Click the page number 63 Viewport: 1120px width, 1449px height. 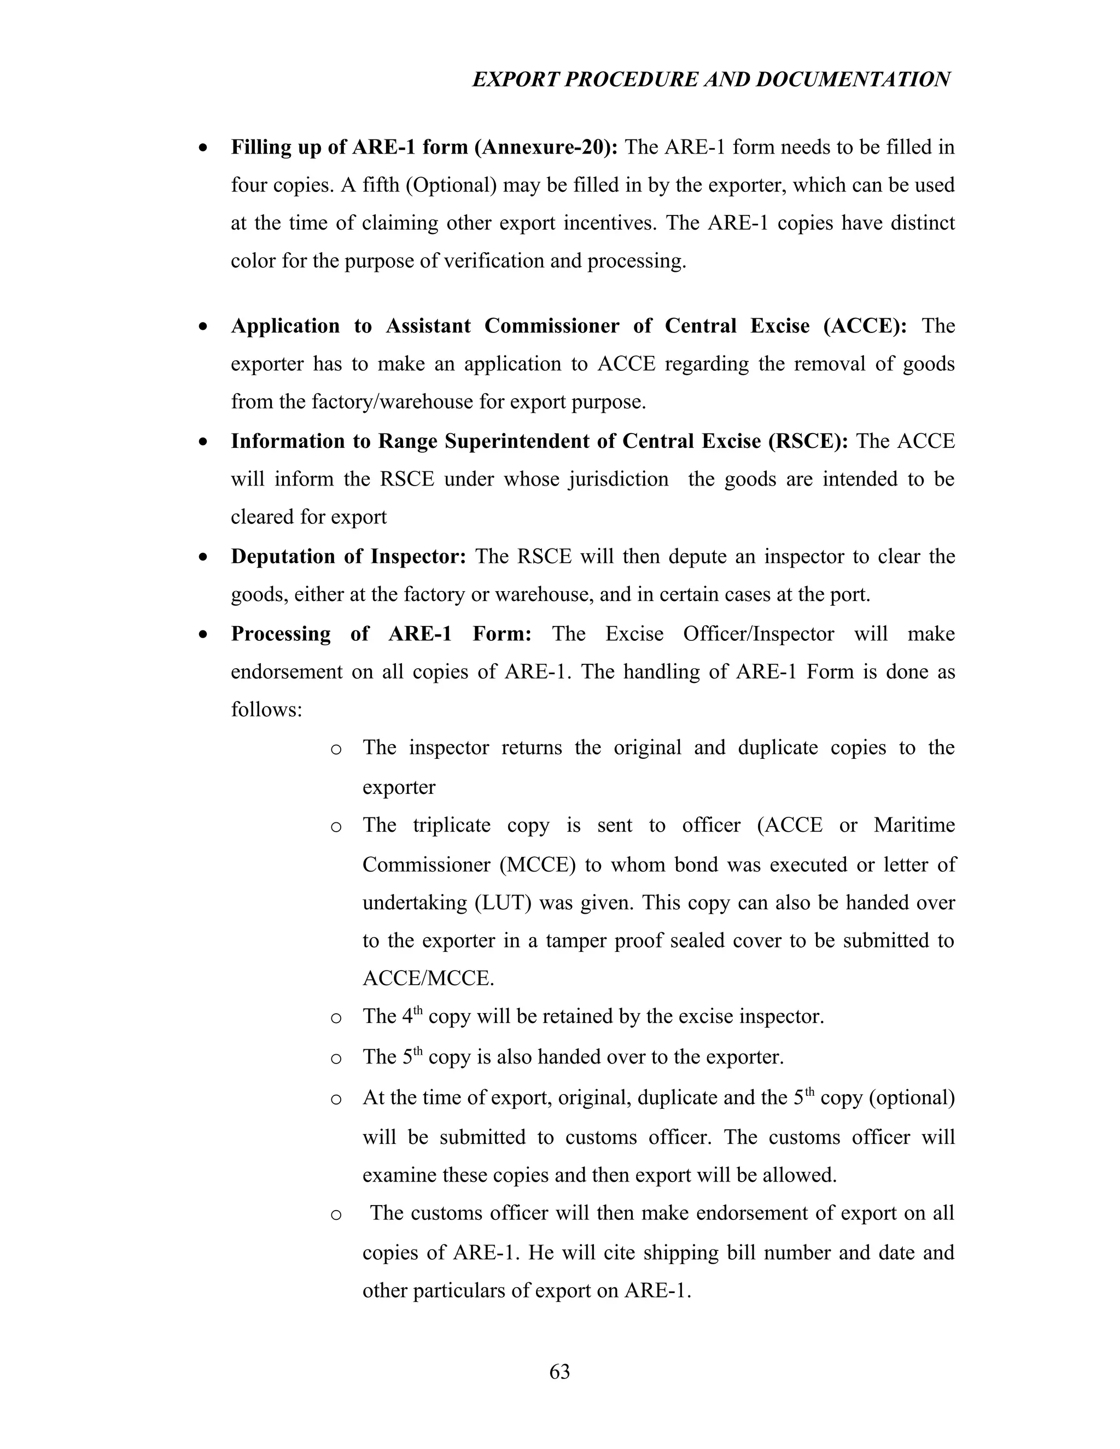click(559, 1371)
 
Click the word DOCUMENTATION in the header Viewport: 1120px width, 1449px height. click(853, 80)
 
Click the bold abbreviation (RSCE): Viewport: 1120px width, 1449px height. click(808, 441)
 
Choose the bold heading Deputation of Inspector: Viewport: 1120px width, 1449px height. click(349, 557)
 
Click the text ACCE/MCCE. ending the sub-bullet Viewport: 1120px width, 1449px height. click(429, 979)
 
